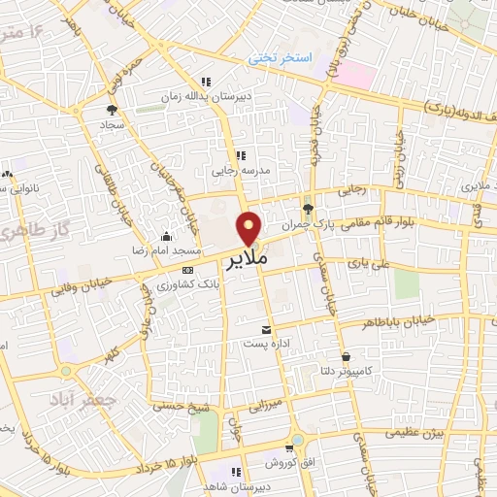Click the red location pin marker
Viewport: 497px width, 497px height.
click(x=250, y=227)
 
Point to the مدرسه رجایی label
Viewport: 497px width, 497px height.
click(x=239, y=170)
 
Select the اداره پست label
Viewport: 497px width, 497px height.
click(x=267, y=344)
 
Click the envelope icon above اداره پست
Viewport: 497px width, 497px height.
click(x=267, y=330)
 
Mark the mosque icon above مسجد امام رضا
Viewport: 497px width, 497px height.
click(x=166, y=236)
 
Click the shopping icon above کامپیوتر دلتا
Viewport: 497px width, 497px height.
click(x=346, y=355)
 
